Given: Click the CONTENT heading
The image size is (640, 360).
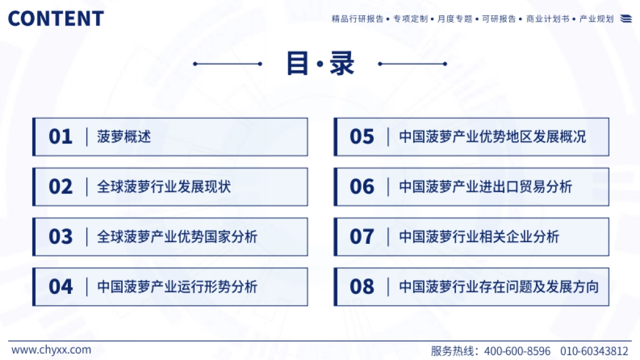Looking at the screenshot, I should point(55,19).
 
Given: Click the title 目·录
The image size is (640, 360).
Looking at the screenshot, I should point(320,64).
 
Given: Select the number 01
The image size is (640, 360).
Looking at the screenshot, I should point(60,137).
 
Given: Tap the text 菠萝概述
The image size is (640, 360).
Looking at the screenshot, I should point(124,137).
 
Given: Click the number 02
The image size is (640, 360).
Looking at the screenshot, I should point(60,187).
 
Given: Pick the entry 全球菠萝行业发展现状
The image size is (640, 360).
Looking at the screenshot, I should point(164,187).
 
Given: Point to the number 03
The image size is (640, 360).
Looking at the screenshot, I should point(60,237).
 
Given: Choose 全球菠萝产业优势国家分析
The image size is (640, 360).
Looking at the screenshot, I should point(177,237).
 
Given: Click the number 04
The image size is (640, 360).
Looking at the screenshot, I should point(60,287).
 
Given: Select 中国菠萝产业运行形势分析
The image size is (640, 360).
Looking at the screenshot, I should point(177,287).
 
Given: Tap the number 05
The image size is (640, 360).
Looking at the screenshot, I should point(362,137).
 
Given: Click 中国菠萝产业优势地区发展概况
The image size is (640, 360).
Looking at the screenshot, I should point(492,137).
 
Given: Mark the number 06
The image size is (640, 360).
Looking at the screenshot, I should point(362,187).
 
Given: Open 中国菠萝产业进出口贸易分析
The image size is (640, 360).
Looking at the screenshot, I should point(485,187).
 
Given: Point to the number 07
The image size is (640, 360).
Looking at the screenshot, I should point(362,237).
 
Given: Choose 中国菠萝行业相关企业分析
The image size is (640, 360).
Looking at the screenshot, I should point(479,237).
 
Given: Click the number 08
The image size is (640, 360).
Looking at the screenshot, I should point(362,287).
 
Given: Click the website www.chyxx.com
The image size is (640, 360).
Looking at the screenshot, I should point(51,350).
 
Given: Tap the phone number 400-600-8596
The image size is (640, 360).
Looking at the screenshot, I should point(517,351).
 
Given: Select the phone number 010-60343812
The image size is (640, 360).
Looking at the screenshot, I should point(594,351).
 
